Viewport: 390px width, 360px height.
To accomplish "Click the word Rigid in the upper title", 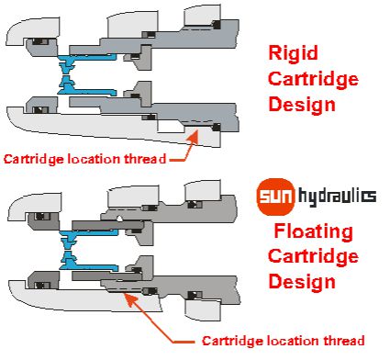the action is click(293, 54).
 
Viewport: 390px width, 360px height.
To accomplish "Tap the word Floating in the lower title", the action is click(313, 231).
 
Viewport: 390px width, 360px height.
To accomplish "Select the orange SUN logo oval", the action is click(276, 197).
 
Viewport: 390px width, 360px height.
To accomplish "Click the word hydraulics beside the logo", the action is click(337, 197).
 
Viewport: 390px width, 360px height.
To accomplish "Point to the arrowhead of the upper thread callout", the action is click(195, 136).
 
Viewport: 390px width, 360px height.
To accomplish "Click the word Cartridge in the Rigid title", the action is click(313, 79).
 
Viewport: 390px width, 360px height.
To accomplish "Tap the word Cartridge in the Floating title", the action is click(313, 256).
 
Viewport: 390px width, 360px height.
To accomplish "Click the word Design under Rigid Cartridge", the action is click(302, 105).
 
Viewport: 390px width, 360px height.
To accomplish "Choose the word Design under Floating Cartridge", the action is click(302, 282).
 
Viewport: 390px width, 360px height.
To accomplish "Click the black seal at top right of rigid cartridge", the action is click(217, 25).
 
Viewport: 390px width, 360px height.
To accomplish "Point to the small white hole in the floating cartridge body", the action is click(119, 218).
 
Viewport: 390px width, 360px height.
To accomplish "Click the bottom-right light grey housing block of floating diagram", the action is click(203, 309).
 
